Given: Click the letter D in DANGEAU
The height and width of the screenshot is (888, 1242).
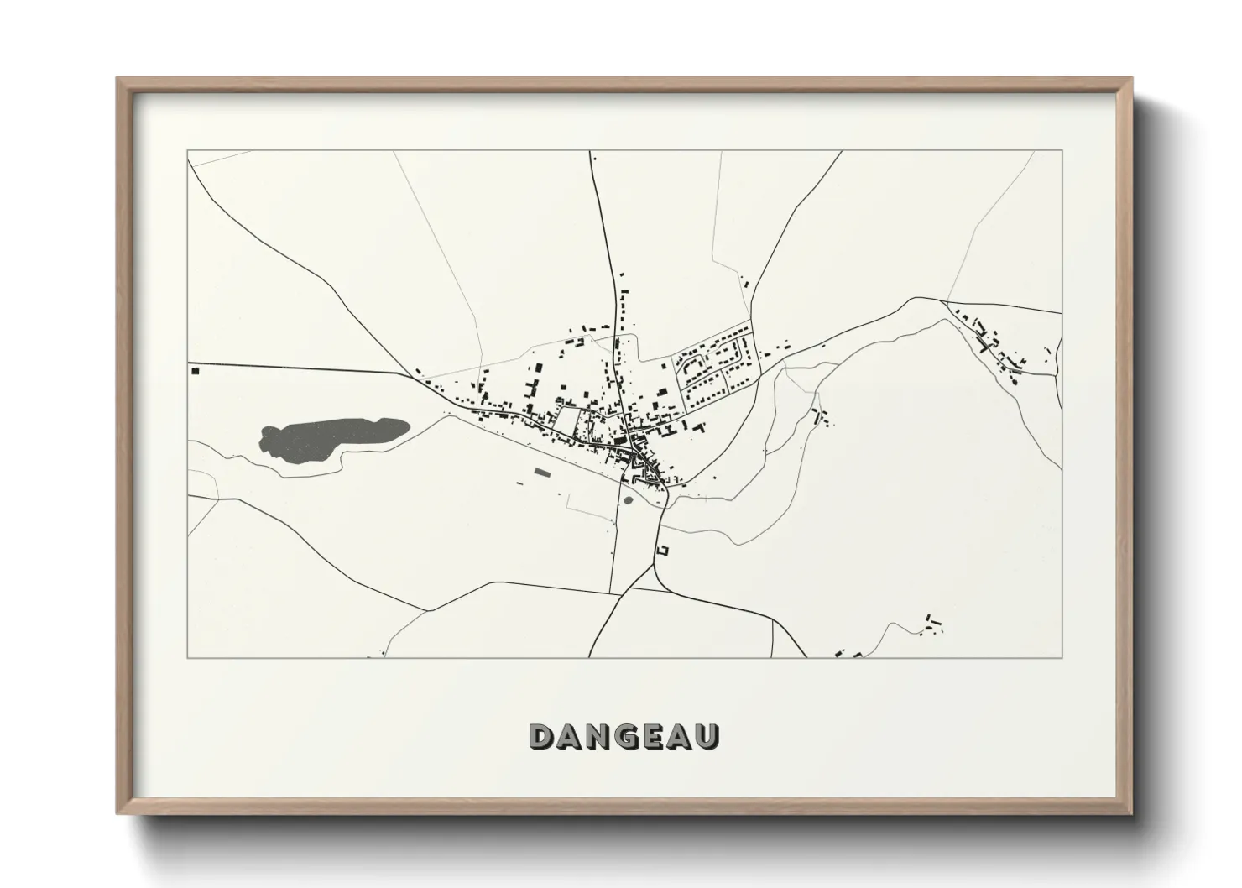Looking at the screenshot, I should coord(542,735).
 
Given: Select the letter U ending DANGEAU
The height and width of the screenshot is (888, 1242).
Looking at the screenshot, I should coord(707,735).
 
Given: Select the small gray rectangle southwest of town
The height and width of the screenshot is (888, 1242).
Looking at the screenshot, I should coord(541,473).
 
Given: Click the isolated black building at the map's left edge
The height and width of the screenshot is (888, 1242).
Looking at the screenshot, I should coord(195,370).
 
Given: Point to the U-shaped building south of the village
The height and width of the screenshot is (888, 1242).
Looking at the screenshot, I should coord(663,551).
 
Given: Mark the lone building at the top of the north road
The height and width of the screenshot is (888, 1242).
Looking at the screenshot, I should coord(594,157).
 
